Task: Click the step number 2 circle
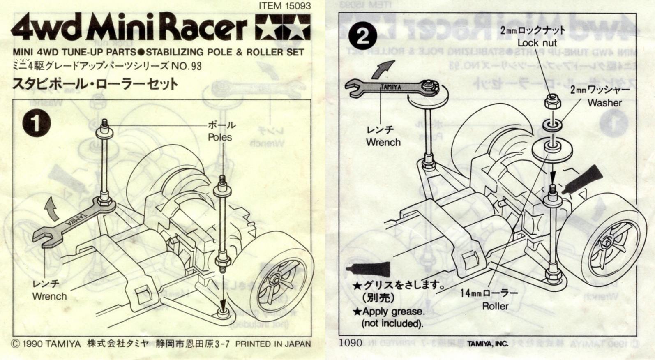click(363, 37)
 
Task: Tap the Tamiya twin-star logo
click(283, 28)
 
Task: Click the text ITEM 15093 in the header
click(285, 6)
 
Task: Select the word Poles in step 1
click(220, 137)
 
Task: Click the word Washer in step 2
click(604, 103)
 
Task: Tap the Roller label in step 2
click(495, 306)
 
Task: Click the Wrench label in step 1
click(49, 296)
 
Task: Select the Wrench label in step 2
click(383, 143)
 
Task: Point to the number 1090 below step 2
click(351, 343)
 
